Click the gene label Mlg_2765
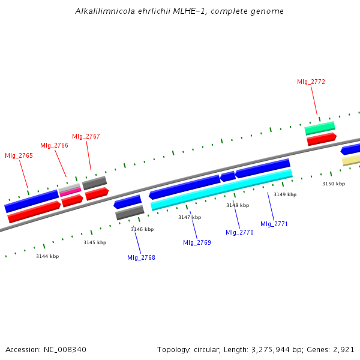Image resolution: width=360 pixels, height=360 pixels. (19, 155)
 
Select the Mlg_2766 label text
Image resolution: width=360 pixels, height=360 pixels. (54, 145)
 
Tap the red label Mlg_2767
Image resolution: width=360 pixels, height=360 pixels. (86, 136)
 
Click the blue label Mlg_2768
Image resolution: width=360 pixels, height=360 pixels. (141, 257)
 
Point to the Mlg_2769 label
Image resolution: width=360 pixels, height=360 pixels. (197, 242)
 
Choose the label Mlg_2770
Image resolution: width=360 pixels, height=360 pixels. (239, 232)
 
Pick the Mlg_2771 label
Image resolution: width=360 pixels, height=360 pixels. (274, 224)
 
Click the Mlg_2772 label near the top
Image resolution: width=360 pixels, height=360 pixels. (311, 82)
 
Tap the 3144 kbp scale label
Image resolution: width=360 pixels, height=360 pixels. (47, 256)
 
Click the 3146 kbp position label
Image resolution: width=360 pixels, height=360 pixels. (142, 229)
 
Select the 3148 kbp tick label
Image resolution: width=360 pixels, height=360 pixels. (237, 205)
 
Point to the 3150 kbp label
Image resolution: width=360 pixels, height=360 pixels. (334, 184)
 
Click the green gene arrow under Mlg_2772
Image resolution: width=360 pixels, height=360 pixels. (320, 128)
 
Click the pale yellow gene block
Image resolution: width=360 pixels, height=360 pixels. (351, 160)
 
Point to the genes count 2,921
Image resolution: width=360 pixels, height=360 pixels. (343, 349)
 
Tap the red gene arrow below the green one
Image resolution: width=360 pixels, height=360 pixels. (321, 139)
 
